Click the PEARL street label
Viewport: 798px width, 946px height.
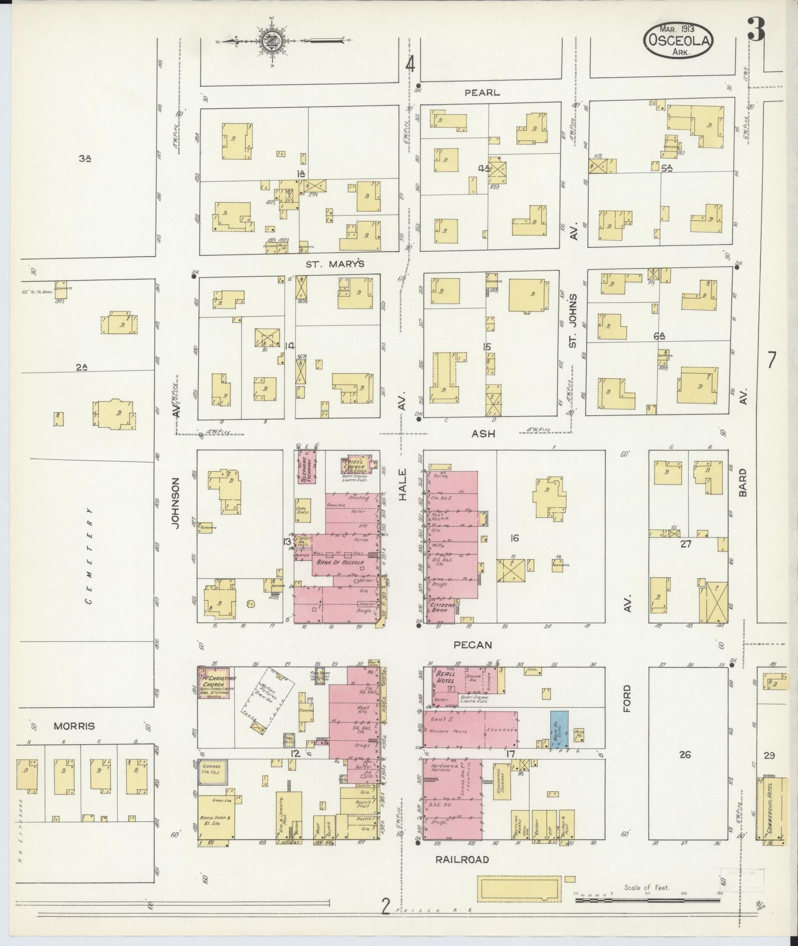(x=482, y=92)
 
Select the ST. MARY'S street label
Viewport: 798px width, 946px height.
(x=335, y=264)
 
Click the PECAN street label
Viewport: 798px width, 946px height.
(x=473, y=645)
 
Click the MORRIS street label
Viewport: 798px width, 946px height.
(x=74, y=726)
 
